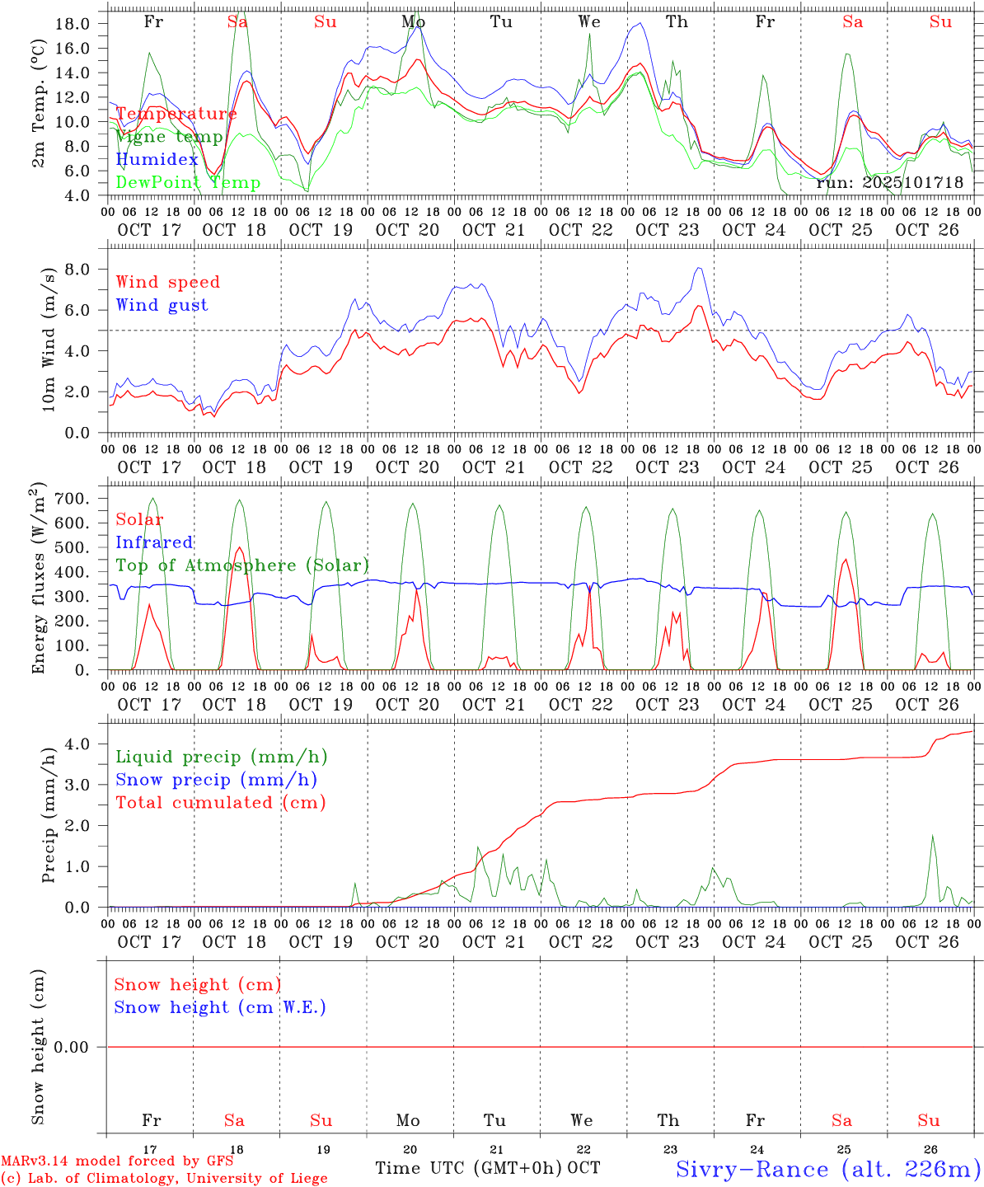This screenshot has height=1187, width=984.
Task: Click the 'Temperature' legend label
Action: coord(176,114)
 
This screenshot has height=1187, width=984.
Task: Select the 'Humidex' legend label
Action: coord(157,160)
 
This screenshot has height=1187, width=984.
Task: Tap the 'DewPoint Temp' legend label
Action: coord(188,183)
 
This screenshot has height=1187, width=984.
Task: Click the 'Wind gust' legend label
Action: coord(162,305)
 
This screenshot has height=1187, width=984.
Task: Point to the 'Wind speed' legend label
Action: coord(168,282)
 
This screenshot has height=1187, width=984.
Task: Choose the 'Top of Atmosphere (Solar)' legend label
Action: coord(242,565)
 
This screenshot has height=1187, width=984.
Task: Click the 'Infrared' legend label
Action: coord(154,542)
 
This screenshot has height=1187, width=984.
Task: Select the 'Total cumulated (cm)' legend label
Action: coord(221,803)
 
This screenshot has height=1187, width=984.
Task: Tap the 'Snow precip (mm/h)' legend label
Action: coord(216,780)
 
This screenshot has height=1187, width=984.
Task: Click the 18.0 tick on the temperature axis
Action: coord(73,23)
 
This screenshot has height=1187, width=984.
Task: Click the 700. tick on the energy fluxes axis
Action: coord(71,499)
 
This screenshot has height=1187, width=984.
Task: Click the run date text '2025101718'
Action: coord(913,183)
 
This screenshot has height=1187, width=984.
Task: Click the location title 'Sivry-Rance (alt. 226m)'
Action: coord(828,1169)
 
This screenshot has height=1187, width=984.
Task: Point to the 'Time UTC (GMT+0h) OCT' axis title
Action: coord(488,1168)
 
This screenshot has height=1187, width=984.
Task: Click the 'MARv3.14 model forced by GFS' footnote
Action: coord(116,1161)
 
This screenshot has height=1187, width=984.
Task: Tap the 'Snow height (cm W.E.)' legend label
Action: coord(220,1007)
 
